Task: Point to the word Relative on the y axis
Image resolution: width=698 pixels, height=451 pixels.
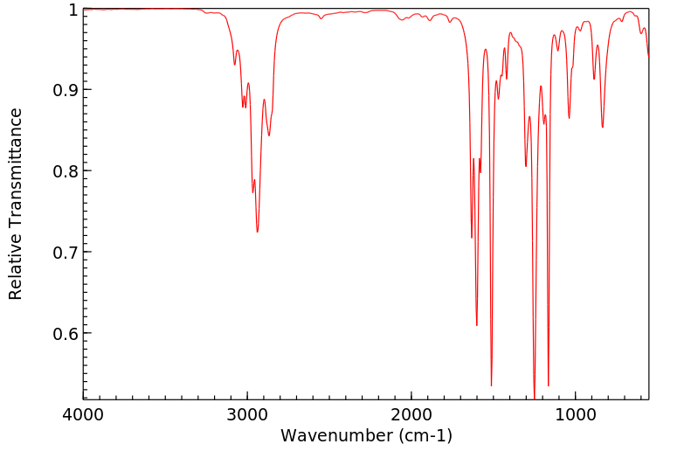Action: point(16,267)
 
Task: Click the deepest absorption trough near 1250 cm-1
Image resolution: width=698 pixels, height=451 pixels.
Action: point(535,398)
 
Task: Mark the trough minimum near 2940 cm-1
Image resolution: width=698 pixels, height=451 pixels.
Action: point(257,232)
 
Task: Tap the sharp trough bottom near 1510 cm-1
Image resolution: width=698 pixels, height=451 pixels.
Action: point(491,385)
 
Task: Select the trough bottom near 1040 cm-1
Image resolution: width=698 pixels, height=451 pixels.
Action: point(569,118)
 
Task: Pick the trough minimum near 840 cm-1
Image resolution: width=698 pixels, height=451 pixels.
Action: point(602,127)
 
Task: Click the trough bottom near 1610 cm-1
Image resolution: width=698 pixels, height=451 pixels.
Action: point(476,325)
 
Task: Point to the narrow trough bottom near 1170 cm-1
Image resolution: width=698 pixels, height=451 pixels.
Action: point(548,385)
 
